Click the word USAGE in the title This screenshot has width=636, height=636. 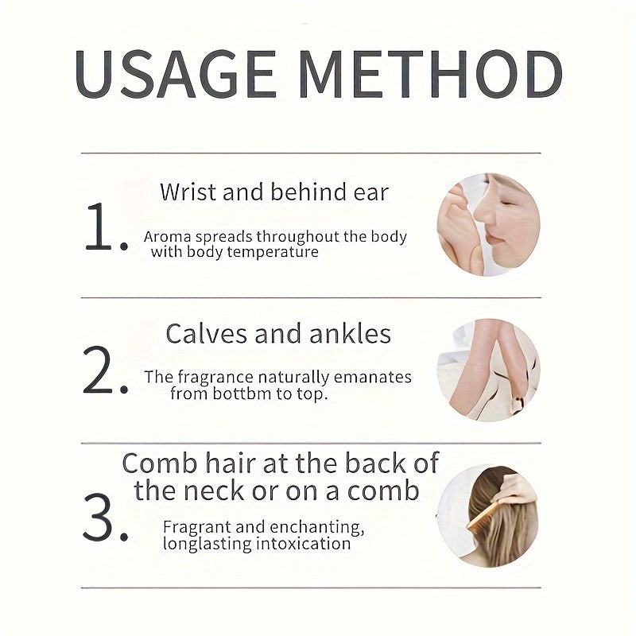pyautogui.click(x=176, y=74)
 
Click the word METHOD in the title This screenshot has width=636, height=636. pyautogui.click(x=431, y=74)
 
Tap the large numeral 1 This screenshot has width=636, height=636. pyautogui.click(x=107, y=227)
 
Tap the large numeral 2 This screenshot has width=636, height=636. pyautogui.click(x=106, y=370)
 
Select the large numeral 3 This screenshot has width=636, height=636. pyautogui.click(x=106, y=518)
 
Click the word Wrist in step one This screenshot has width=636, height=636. pyautogui.click(x=188, y=192)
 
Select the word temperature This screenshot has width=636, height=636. pyautogui.click(x=273, y=252)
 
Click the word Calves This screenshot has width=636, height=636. pyautogui.click(x=207, y=334)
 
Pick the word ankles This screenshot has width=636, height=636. pyautogui.click(x=350, y=334)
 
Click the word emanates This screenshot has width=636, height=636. pyautogui.click(x=372, y=378)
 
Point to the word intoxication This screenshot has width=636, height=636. pyautogui.click(x=304, y=544)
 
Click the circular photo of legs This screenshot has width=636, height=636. pyautogui.click(x=488, y=370)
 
